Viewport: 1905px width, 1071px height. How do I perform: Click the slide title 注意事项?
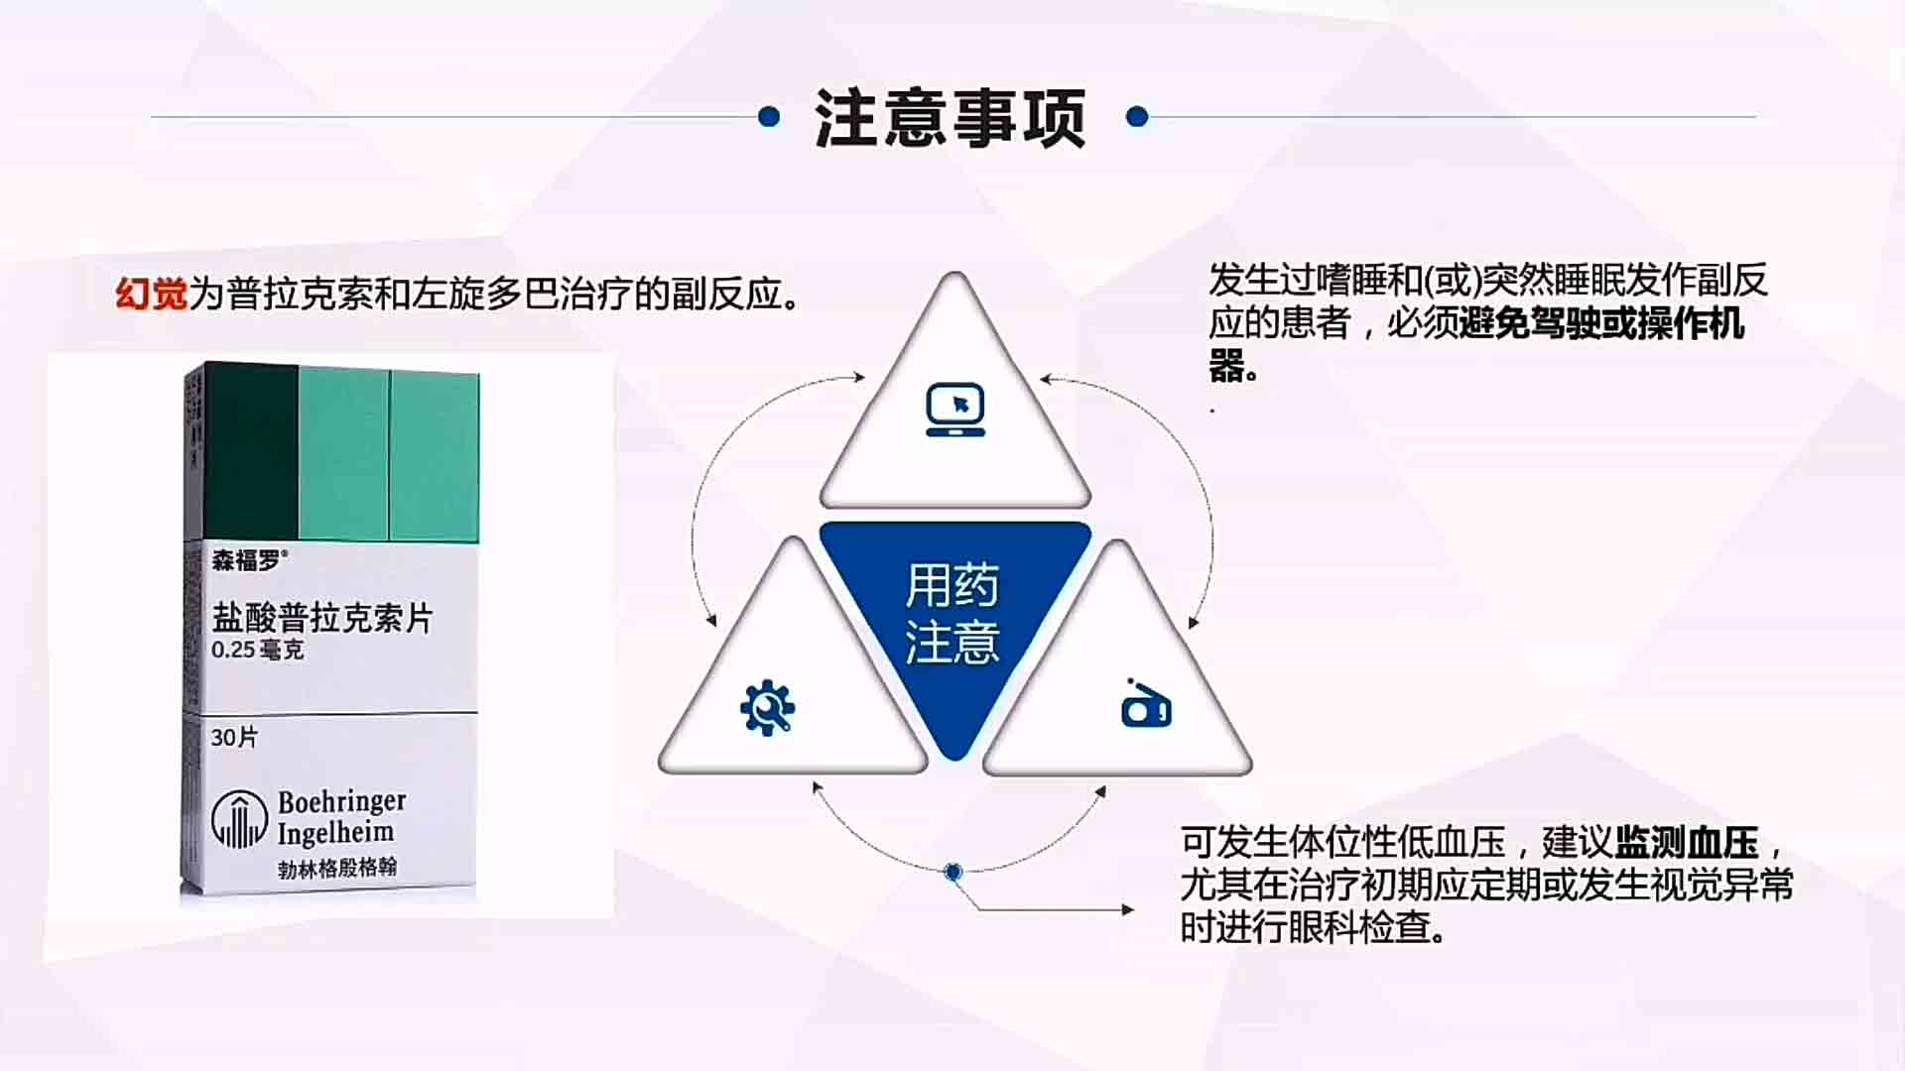(x=950, y=118)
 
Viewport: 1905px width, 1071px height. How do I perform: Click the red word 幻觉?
(x=152, y=294)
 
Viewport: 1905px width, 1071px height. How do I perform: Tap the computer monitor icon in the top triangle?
(x=955, y=410)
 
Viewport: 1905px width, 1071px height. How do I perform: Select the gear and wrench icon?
(x=767, y=708)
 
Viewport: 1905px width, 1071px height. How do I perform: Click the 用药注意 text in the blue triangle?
(x=952, y=613)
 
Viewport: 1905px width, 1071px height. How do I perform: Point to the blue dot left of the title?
(x=769, y=117)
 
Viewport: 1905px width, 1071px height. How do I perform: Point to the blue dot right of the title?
(x=1137, y=117)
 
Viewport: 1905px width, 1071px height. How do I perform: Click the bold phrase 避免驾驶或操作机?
(x=1601, y=324)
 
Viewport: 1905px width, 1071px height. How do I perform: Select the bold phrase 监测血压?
(x=1687, y=843)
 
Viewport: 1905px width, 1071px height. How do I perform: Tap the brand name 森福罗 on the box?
(x=247, y=560)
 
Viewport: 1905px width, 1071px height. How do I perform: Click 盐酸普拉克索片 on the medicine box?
(x=322, y=618)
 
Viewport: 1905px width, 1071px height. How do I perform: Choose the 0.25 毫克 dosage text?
(x=257, y=651)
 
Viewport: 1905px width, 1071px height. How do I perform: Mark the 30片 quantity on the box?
(x=234, y=738)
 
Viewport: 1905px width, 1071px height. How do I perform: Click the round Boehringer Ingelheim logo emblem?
(x=239, y=819)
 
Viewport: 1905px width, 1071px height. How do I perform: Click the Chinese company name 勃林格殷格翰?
(x=337, y=868)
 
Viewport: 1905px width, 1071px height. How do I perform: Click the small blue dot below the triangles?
(x=953, y=872)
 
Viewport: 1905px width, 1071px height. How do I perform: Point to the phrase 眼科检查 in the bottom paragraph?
(x=1359, y=928)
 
